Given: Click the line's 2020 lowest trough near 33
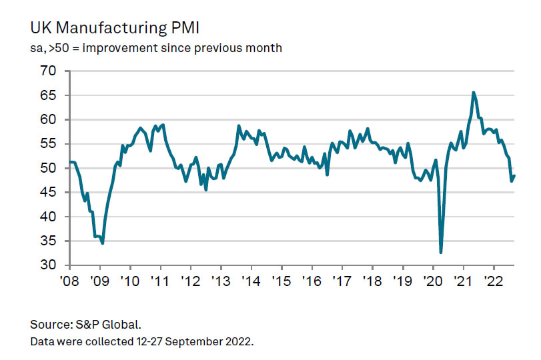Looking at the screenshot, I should pos(441,253).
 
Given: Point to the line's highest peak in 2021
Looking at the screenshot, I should pos(474,93).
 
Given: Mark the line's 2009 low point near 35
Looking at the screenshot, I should pos(102,243).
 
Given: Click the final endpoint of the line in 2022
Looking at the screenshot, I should pos(514,176).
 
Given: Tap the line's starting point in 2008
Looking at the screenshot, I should pos(69,162).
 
